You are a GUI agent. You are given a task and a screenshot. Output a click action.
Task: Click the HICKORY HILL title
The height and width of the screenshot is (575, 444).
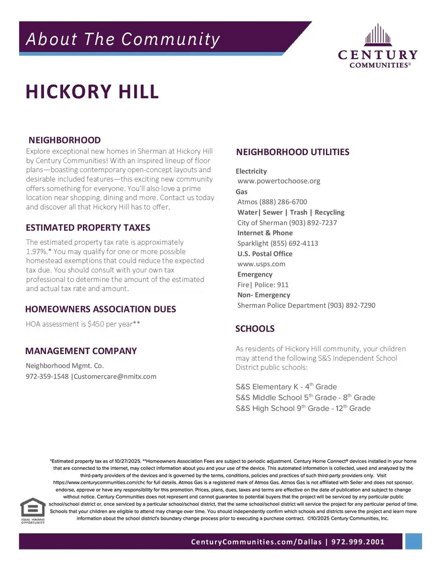coord(92,92)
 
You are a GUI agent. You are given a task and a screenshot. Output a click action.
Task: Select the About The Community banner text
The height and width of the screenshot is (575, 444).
coord(122,39)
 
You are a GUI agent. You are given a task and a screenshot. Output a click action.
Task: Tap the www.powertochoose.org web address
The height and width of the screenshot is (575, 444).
coord(279,181)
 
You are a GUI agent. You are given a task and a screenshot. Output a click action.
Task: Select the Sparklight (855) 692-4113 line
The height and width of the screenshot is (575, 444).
coord(278,243)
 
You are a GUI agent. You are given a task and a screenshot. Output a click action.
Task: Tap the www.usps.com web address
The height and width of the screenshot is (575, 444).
coord(261,264)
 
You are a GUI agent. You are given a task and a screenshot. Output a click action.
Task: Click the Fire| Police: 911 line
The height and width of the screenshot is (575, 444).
coord(263,285)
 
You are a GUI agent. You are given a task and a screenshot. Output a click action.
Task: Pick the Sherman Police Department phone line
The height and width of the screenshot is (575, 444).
coord(306,306)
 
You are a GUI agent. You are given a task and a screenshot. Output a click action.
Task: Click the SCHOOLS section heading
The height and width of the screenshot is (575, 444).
coord(255,329)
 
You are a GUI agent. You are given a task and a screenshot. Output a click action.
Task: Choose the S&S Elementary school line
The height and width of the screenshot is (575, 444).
coord(286,387)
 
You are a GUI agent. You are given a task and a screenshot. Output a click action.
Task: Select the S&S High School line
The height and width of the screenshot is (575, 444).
coord(303,409)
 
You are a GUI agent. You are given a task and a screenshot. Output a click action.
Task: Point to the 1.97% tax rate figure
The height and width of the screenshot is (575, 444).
coord(36,252)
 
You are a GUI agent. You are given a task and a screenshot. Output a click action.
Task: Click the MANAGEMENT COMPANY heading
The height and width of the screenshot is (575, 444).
coord(81,351)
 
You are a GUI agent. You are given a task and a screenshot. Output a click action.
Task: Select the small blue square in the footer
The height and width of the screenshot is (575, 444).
coord(414,541)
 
